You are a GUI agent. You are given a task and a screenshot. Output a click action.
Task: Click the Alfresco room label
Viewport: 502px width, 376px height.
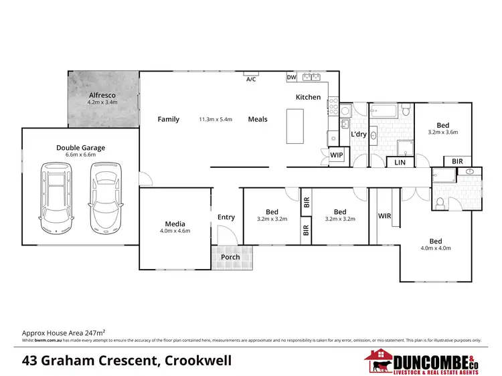(x=103, y=96)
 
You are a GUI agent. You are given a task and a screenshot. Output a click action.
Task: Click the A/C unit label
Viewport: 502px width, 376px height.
(x=251, y=79)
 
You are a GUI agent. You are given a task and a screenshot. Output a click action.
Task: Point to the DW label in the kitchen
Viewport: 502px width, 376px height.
(x=291, y=78)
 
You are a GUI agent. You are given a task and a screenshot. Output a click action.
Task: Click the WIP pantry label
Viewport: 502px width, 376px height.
(x=337, y=155)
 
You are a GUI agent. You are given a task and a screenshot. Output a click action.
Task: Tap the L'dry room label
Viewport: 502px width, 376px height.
(x=359, y=135)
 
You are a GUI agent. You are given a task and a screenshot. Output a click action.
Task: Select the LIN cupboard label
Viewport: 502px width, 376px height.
(x=400, y=163)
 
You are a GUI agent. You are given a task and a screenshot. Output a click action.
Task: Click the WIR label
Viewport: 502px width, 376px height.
(x=384, y=216)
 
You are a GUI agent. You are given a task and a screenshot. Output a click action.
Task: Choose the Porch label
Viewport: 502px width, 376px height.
(x=230, y=256)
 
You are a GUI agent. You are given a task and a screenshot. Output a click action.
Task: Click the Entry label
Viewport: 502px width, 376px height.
(x=226, y=217)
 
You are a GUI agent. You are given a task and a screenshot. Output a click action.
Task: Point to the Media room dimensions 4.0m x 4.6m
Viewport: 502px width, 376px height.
(x=175, y=231)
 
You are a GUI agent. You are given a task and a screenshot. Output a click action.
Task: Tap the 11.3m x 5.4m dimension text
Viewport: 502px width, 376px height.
(x=215, y=120)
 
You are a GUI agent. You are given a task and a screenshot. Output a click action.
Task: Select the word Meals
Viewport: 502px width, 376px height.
(x=258, y=119)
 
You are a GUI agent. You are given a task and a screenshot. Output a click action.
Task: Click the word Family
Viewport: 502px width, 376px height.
(x=169, y=119)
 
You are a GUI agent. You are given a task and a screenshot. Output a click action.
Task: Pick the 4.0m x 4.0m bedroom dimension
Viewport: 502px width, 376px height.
(x=436, y=248)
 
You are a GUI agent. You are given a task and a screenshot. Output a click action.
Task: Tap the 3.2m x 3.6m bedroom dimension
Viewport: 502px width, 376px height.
(x=442, y=132)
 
